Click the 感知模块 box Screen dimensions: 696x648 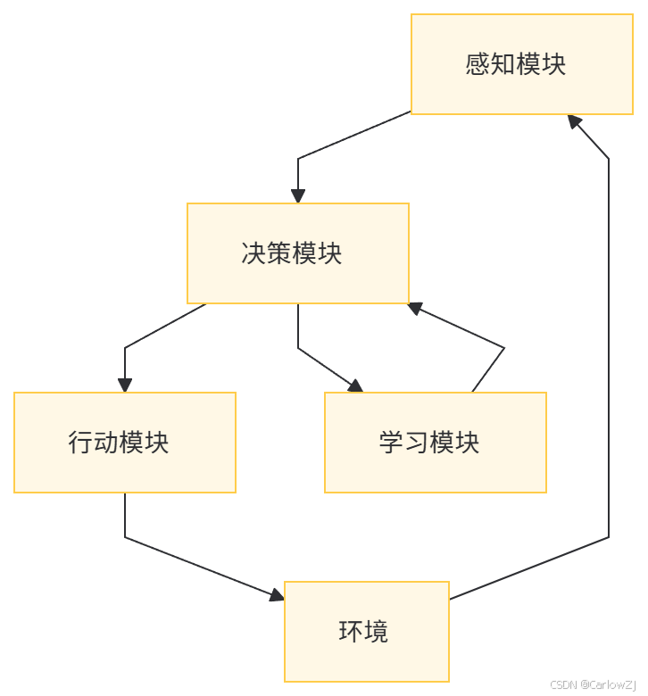point(515,64)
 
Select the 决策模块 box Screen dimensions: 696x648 point(297,253)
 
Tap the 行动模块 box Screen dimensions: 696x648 point(124,443)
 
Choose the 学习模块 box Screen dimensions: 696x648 point(435,443)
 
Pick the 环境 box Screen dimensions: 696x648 point(366,632)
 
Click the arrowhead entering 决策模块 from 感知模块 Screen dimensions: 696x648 point(297,196)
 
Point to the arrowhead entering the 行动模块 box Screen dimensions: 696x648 point(124,385)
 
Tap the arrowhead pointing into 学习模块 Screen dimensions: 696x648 point(355,385)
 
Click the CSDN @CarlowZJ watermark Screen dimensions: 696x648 point(594,684)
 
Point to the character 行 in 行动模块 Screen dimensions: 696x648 point(80,443)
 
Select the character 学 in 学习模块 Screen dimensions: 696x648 point(391,443)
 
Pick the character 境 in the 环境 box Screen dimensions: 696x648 point(377,632)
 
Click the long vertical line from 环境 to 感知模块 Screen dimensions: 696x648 point(609,357)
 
